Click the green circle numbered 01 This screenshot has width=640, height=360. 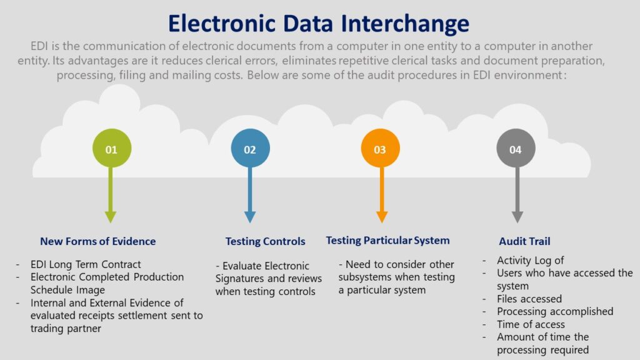(111, 149)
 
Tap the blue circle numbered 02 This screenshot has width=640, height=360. (250, 149)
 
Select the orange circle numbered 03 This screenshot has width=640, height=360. (380, 149)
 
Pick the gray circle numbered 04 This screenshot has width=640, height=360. (516, 149)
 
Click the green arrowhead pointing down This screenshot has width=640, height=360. (111, 216)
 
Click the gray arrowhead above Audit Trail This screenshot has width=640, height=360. (517, 216)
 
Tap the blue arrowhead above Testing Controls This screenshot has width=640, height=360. (250, 216)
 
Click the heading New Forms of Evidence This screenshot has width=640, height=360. (97, 241)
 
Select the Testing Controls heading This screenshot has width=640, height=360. (265, 241)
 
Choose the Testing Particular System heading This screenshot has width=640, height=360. (387, 241)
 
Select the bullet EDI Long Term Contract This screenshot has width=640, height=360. (86, 264)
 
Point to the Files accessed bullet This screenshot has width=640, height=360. (529, 299)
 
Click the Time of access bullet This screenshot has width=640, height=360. (531, 324)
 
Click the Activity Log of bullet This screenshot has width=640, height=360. (530, 260)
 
